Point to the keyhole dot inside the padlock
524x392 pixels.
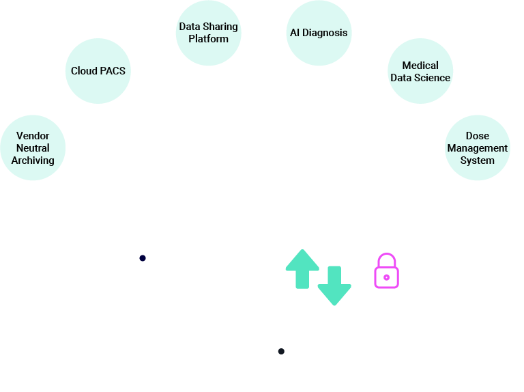386,277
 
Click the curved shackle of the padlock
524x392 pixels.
386,259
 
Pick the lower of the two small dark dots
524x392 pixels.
281,351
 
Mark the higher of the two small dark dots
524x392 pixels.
143,258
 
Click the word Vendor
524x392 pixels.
33,136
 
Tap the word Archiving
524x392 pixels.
33,160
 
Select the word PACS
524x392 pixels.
112,71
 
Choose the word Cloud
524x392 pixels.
84,71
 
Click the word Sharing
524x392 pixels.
220,27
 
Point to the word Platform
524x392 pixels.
209,39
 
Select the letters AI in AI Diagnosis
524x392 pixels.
295,33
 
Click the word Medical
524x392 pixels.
420,66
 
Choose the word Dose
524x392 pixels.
478,136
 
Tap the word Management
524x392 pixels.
478,148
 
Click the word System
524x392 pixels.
478,160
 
